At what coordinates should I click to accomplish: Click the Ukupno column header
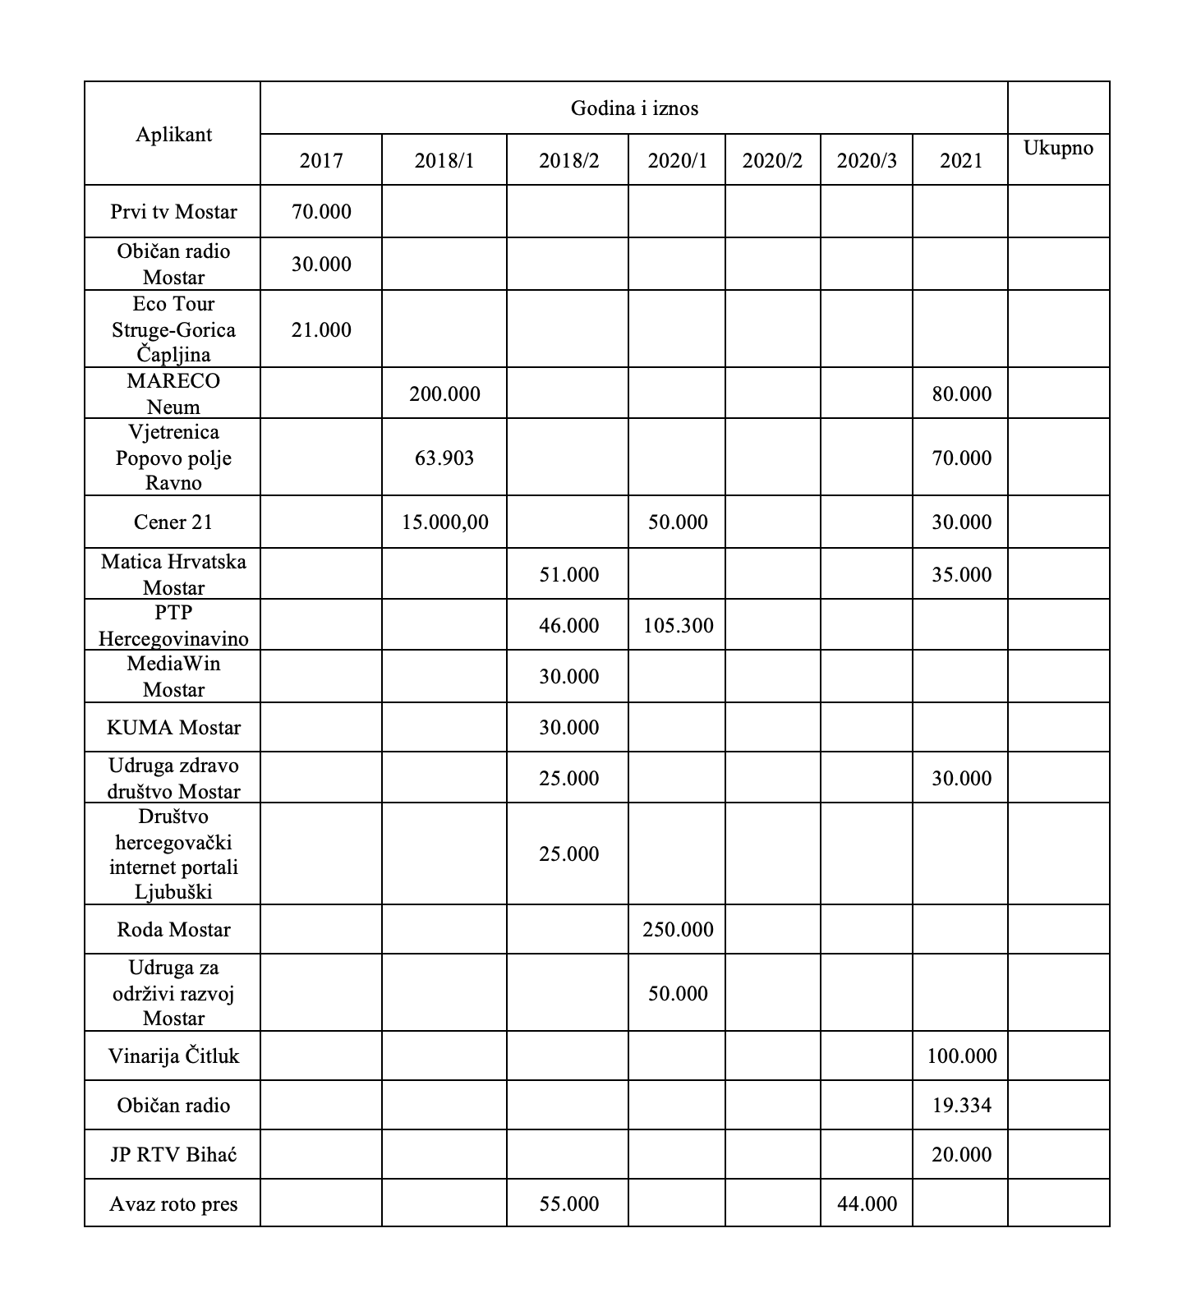click(x=1058, y=149)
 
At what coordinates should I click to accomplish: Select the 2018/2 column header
click(x=568, y=160)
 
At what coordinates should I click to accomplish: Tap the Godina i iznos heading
click(x=634, y=108)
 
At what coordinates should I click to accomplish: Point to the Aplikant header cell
click(x=173, y=135)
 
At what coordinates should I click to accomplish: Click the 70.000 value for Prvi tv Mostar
click(x=321, y=212)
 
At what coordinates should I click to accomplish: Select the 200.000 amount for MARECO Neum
click(x=444, y=394)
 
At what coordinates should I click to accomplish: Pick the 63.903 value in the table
click(x=444, y=458)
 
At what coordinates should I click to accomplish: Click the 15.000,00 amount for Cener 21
click(x=444, y=522)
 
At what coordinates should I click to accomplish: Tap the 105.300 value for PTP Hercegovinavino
click(x=678, y=626)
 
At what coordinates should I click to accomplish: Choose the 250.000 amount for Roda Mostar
click(x=678, y=930)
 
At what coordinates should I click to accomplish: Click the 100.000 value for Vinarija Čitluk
click(x=961, y=1056)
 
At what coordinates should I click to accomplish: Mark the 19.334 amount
click(x=961, y=1106)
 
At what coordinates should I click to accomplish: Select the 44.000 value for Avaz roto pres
click(x=867, y=1204)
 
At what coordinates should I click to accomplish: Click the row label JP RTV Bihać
click(x=173, y=1155)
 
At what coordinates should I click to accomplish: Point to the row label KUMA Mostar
click(x=173, y=728)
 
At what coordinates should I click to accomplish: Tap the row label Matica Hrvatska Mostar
click(x=173, y=575)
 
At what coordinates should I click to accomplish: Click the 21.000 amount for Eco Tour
click(x=321, y=330)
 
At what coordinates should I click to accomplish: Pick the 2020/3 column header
click(x=867, y=160)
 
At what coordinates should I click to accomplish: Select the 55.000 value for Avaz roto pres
click(x=568, y=1204)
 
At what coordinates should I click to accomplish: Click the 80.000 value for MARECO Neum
click(x=961, y=394)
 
